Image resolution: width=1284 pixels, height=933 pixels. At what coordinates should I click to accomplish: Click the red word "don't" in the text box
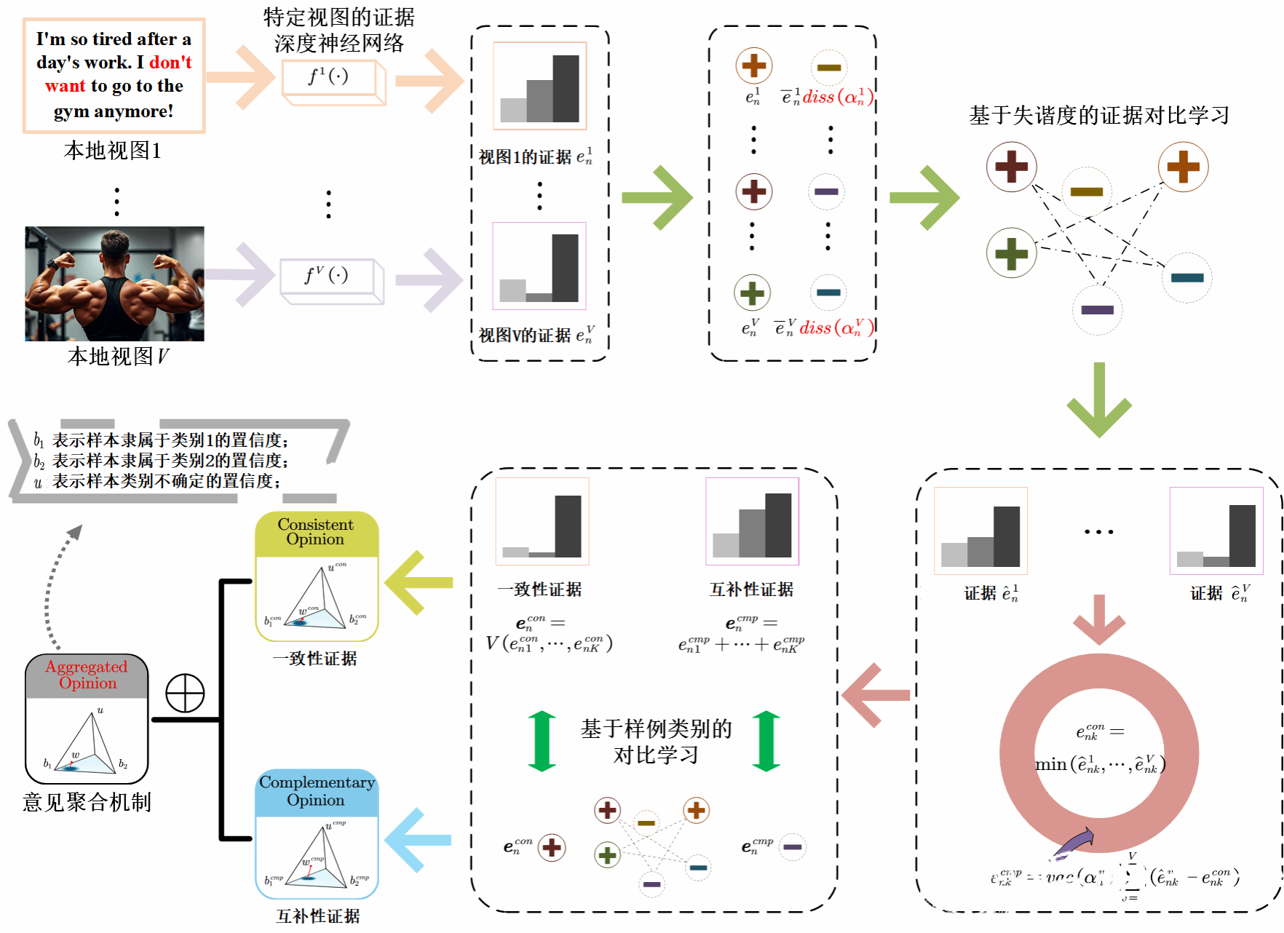click(170, 63)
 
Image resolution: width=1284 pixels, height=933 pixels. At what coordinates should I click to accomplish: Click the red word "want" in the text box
click(65, 86)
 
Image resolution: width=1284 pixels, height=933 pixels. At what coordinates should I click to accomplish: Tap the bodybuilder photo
click(114, 283)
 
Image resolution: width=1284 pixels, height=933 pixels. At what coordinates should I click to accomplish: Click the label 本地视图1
click(113, 151)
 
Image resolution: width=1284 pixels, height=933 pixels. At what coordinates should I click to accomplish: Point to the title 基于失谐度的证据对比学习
click(1098, 115)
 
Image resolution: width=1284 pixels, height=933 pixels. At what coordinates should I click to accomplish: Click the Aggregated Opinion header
click(87, 675)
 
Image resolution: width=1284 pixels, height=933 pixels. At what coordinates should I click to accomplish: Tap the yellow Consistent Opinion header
click(316, 532)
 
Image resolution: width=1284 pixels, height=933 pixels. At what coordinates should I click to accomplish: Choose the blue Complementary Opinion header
click(317, 791)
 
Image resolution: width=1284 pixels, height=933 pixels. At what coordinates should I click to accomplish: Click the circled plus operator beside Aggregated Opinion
click(185, 693)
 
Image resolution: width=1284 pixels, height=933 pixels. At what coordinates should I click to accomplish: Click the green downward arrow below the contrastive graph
click(1098, 400)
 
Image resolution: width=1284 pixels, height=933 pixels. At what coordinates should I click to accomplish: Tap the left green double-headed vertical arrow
click(542, 741)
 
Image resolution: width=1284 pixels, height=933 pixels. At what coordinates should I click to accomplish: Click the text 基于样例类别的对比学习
click(656, 742)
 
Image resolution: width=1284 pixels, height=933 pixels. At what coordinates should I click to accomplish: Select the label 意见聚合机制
click(87, 802)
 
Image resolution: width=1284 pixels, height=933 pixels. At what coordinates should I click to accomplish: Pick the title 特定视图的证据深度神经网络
click(338, 30)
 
